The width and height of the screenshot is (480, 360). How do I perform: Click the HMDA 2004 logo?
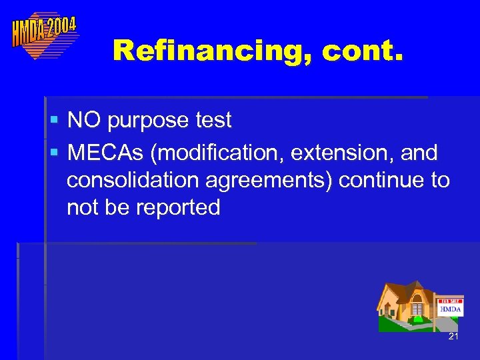pos(45,33)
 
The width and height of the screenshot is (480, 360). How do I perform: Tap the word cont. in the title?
pos(363,50)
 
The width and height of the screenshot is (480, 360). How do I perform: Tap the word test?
pos(210,121)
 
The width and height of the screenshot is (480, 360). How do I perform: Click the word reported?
pos(178,208)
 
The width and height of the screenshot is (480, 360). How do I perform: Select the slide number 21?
pos(453,337)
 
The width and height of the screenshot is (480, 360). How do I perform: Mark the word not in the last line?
pos(83,208)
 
